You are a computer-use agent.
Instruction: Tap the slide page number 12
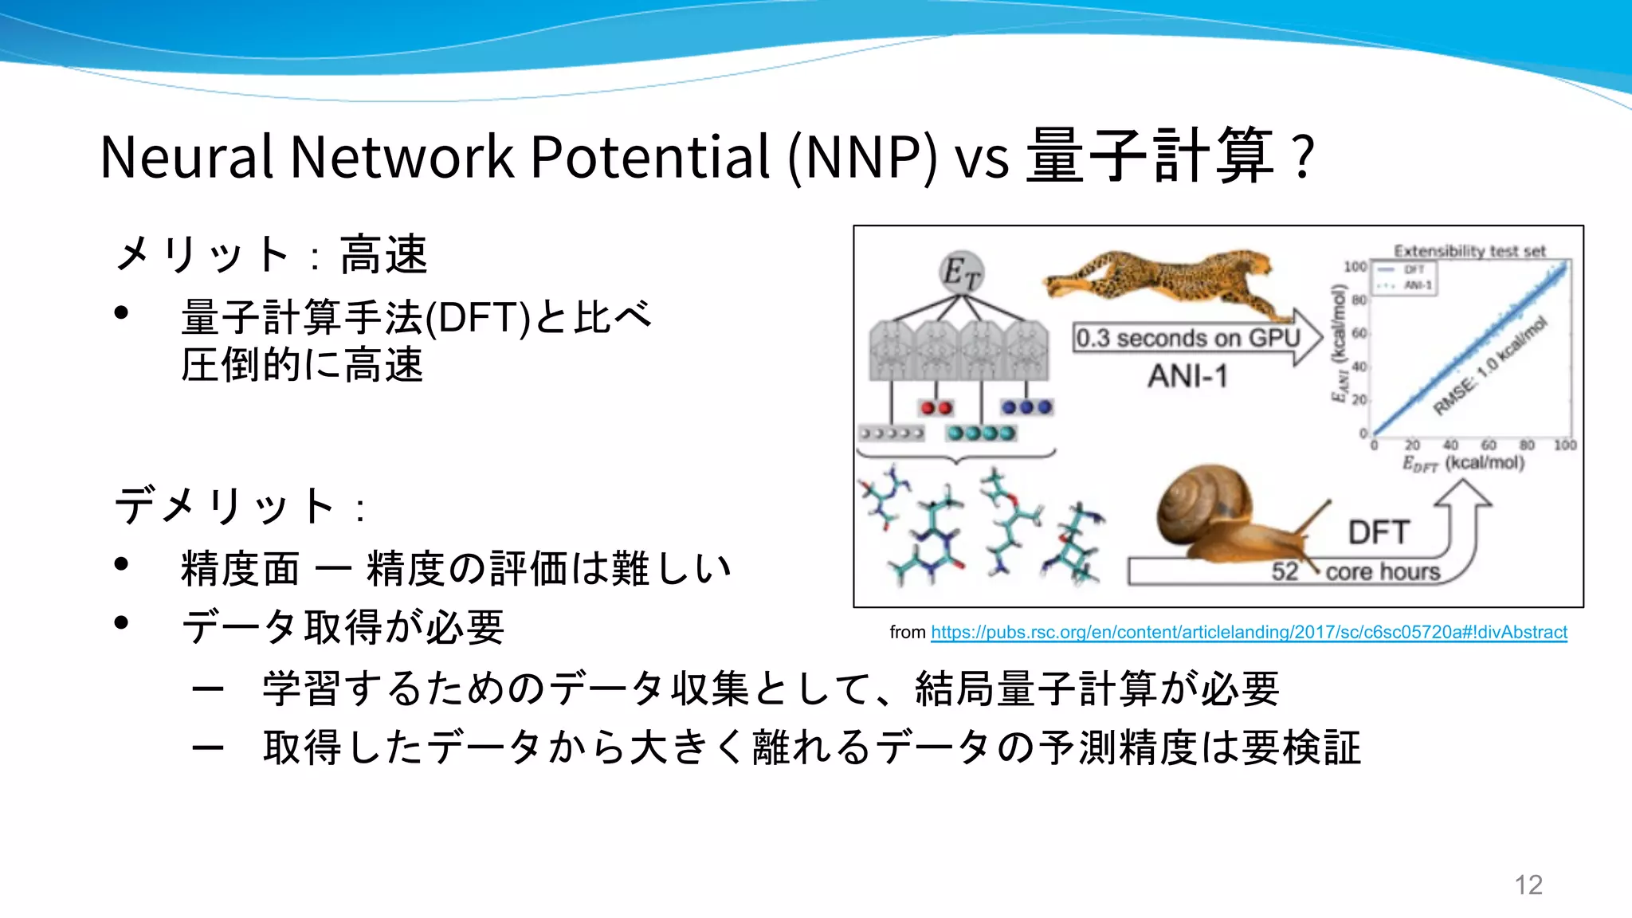pyautogui.click(x=1528, y=885)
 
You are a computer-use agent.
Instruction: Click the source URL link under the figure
pyautogui.click(x=1248, y=633)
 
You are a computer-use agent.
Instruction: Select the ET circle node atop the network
pyautogui.click(x=961, y=273)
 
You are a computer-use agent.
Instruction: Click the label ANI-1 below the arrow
pyautogui.click(x=1187, y=376)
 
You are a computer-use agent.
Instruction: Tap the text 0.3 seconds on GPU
pyautogui.click(x=1187, y=339)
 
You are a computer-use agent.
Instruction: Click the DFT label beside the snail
pyautogui.click(x=1379, y=532)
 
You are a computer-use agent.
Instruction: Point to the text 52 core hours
pyautogui.click(x=1355, y=571)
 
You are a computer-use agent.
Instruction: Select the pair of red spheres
pyautogui.click(x=936, y=408)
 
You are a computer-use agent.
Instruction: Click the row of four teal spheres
pyautogui.click(x=981, y=433)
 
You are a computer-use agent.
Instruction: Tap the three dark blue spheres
pyautogui.click(x=1027, y=407)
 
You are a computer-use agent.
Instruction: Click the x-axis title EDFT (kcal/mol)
pyautogui.click(x=1463, y=463)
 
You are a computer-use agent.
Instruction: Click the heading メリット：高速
pyautogui.click(x=271, y=255)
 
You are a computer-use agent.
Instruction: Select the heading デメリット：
pyautogui.click(x=239, y=506)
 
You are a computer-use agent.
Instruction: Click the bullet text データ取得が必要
pyautogui.click(x=343, y=627)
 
